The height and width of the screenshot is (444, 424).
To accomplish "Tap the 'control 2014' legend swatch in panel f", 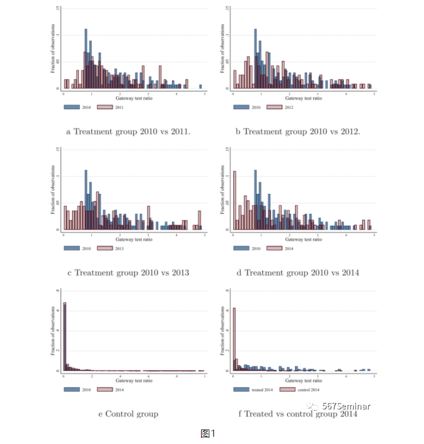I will [289, 389].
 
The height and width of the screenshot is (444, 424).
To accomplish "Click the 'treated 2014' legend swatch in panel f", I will [241, 389].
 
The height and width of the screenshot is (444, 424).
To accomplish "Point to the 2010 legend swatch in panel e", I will [71, 389].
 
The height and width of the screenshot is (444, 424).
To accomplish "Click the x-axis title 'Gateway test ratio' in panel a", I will [134, 98].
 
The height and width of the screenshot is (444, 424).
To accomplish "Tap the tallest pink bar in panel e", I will [65, 336].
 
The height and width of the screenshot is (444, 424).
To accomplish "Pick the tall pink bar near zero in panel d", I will [234, 200].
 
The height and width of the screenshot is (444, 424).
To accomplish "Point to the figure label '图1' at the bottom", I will [208, 433].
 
